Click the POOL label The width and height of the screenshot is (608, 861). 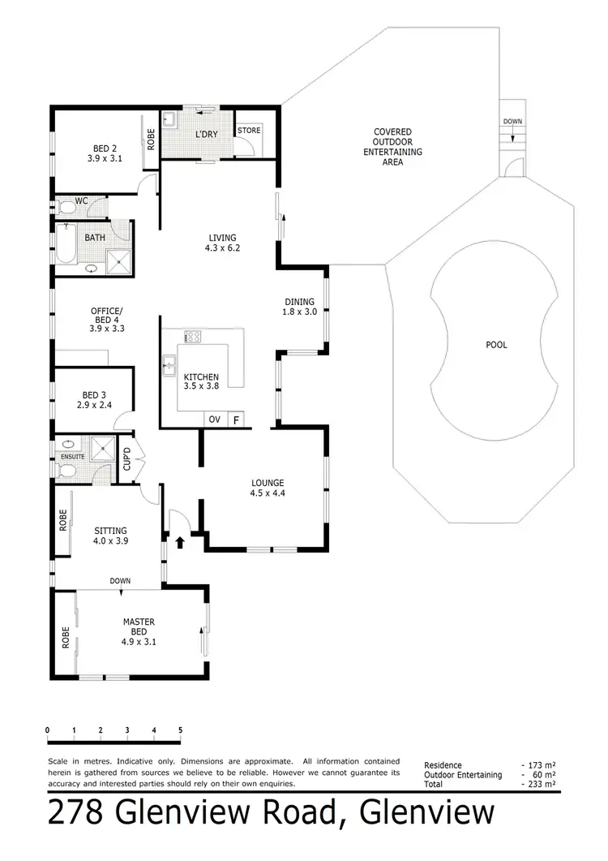click(x=496, y=345)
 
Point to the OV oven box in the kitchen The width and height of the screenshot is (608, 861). click(x=215, y=420)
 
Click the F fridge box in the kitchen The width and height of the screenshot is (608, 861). click(x=236, y=420)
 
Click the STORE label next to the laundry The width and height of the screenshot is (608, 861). click(x=249, y=130)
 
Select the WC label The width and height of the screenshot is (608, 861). click(x=81, y=200)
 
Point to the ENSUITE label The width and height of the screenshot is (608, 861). click(x=72, y=458)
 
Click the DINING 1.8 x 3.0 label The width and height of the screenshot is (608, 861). click(x=298, y=307)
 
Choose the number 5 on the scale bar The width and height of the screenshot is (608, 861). click(x=180, y=730)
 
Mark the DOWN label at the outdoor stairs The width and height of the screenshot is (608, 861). click(x=512, y=121)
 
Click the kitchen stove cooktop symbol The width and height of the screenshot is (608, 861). click(x=193, y=337)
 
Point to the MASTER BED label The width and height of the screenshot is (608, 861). click(x=139, y=627)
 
